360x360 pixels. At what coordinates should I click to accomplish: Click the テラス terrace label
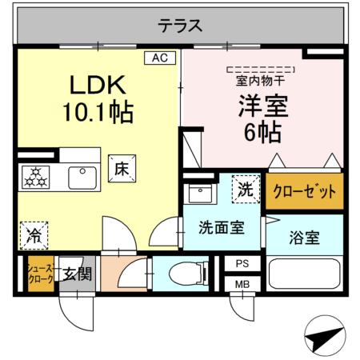(179, 26)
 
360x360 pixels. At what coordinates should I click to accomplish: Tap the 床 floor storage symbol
(122, 170)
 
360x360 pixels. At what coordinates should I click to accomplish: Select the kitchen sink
(82, 176)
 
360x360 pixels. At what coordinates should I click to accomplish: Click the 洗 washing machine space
(246, 190)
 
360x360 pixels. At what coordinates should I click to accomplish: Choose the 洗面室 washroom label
(222, 226)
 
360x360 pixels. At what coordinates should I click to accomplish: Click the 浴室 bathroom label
(305, 237)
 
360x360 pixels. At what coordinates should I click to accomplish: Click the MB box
(241, 283)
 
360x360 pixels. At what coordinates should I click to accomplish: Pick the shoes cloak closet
(40, 274)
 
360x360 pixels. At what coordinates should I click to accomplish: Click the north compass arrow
(327, 338)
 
